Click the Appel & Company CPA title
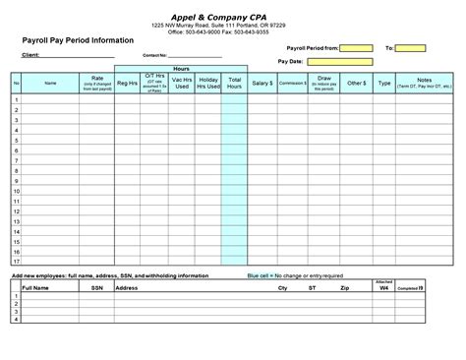coord(232,15)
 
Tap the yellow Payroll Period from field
coord(357,47)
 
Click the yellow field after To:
coord(411,47)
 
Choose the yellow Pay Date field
coord(339,61)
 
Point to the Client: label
coord(30,56)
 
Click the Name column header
coord(51,84)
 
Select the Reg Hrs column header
coord(127,84)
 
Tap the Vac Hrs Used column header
coord(181,84)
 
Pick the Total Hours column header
coord(234,84)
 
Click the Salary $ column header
coord(262,84)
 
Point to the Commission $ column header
coord(292,84)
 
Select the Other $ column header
coord(355,84)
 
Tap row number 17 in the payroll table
coord(17,262)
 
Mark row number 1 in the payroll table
coord(17,101)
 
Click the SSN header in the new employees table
coord(96,288)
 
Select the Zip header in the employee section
coord(343,288)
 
